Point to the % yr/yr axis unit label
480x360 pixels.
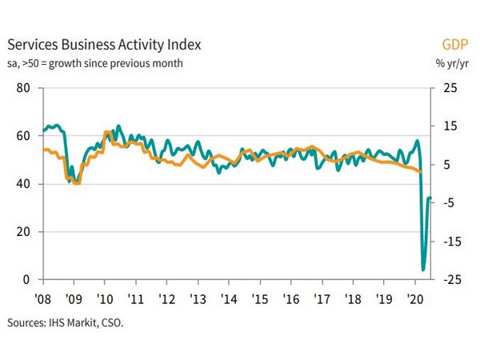point(450,62)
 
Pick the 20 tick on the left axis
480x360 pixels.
point(23,231)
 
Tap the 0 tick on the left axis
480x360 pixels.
point(26,279)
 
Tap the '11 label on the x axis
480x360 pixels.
point(135,296)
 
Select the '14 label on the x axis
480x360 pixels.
point(228,296)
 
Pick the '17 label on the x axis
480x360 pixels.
point(322,296)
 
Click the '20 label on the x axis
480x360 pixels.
point(415,296)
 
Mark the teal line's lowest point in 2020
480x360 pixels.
point(423,270)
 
